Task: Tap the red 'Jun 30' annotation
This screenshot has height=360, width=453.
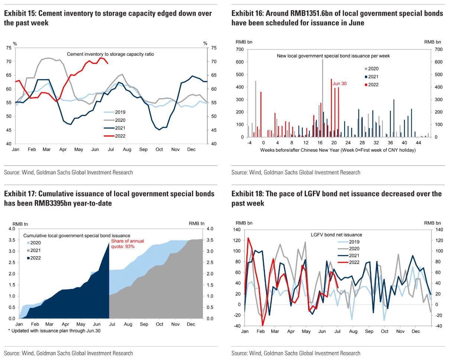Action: (339, 84)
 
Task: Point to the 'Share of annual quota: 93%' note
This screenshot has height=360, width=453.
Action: (127, 244)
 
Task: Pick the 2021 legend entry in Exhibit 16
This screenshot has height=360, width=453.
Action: (373, 77)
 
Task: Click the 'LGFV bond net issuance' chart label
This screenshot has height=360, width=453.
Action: (336, 235)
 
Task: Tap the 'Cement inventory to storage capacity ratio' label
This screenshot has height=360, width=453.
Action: (110, 54)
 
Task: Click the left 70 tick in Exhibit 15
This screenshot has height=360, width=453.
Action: (9, 61)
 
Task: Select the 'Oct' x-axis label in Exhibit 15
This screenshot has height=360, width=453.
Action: (159, 150)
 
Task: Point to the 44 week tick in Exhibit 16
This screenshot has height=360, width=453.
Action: (418, 143)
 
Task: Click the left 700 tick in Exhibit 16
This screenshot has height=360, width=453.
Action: (240, 49)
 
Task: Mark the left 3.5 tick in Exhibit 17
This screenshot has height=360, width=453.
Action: (11, 240)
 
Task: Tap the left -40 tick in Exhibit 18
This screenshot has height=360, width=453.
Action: (236, 326)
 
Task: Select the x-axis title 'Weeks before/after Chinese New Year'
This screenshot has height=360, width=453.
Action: (338, 150)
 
